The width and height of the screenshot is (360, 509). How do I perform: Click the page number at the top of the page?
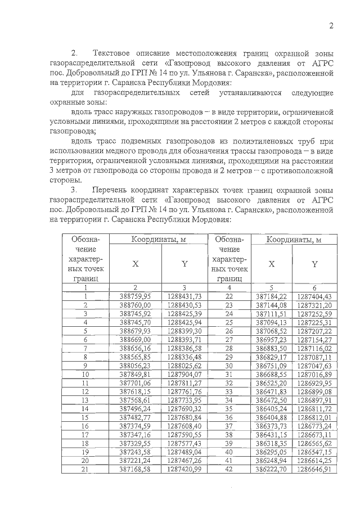pyautogui.click(x=331, y=25)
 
